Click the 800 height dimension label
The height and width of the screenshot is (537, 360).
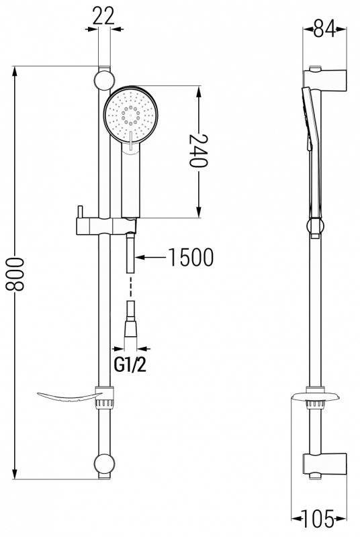(x=15, y=274)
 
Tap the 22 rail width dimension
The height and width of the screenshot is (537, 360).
(x=104, y=15)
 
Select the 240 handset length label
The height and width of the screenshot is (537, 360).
(x=199, y=150)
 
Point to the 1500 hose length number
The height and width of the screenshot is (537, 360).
(x=191, y=257)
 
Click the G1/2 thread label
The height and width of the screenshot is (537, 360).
(x=130, y=365)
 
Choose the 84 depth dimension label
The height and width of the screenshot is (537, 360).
(x=324, y=29)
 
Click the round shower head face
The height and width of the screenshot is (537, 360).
(x=131, y=114)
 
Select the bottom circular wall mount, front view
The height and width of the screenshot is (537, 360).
(x=104, y=463)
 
